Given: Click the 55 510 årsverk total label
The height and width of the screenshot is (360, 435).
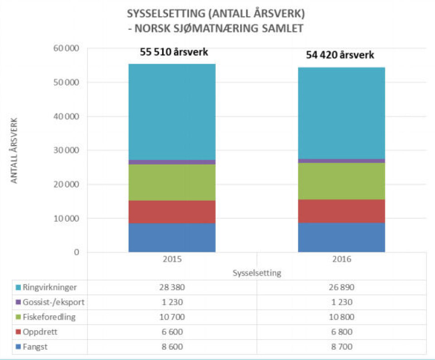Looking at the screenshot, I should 174,52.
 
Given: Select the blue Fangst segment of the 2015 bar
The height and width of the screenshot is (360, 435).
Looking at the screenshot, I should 172,238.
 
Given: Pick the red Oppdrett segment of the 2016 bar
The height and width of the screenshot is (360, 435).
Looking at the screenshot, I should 341,211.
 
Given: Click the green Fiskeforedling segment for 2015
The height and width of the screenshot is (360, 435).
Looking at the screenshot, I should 172,182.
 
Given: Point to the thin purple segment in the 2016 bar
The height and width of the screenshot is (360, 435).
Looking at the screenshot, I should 341,161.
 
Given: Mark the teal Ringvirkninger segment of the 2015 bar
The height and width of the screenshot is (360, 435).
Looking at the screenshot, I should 172,112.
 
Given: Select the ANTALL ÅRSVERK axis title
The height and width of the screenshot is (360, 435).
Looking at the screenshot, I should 14,151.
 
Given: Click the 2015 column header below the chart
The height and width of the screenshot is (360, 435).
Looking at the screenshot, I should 172,260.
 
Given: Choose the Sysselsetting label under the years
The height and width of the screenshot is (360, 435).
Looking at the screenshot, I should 257,273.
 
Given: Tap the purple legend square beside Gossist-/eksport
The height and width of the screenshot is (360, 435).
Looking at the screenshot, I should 18,302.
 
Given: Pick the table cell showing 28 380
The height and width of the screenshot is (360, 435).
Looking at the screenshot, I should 172,287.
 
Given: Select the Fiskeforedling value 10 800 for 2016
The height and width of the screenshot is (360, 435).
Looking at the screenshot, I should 341,317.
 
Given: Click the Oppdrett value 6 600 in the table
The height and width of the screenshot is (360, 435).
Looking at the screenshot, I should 172,332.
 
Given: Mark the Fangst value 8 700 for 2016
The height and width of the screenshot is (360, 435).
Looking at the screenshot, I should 341,347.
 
